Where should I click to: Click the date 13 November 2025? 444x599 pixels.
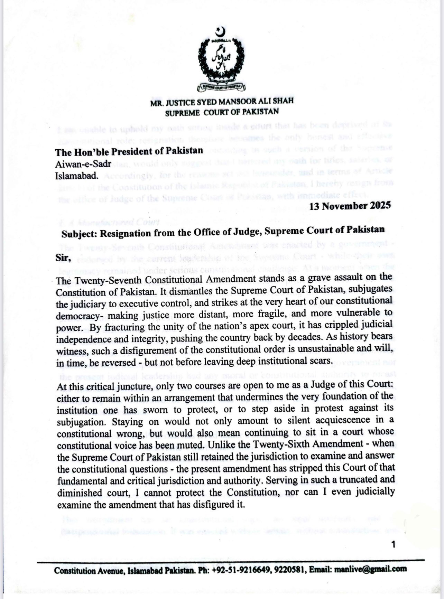pos(350,206)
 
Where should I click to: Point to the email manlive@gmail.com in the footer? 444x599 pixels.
pos(370,569)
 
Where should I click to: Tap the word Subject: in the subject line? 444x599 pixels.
pos(80,234)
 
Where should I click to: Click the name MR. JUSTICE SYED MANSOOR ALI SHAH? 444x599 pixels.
pos(222,101)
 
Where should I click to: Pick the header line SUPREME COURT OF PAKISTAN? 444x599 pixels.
pos(222,112)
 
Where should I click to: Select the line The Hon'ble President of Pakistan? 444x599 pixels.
pos(129,152)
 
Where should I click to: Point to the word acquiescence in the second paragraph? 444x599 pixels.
pos(353,420)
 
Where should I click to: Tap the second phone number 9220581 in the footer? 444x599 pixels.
pos(290,570)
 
